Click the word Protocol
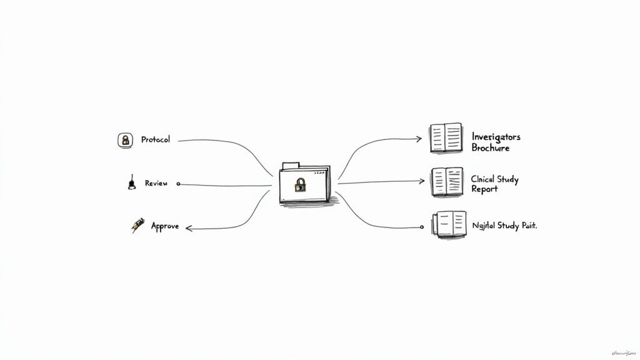(155, 139)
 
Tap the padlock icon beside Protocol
(126, 140)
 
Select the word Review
(156, 183)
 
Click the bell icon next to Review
(131, 183)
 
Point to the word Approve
(165, 226)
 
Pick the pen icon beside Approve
(137, 225)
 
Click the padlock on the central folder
(301, 185)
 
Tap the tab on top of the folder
(291, 166)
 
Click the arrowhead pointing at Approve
(189, 229)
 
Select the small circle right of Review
(178, 184)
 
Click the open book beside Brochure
(446, 139)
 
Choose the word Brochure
(491, 149)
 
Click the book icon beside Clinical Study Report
(447, 182)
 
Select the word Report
(484, 189)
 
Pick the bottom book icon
(449, 224)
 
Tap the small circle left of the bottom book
(426, 227)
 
